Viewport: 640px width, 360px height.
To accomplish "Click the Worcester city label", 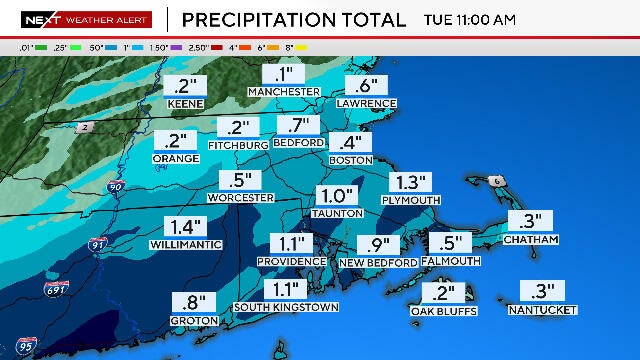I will pyautogui.click(x=239, y=198).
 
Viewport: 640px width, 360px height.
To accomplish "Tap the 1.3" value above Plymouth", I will pyautogui.click(x=411, y=182).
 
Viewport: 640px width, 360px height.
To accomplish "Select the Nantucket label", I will pyautogui.click(x=543, y=310).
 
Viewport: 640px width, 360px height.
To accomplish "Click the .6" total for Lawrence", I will pyautogui.click(x=365, y=86).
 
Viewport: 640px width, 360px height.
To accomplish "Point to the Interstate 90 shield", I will pyautogui.click(x=116, y=186).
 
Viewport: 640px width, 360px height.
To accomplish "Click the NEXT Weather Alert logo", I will pyautogui.click(x=86, y=19).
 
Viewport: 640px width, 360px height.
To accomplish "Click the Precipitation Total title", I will pyautogui.click(x=294, y=19).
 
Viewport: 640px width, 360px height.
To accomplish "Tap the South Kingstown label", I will pyautogui.click(x=285, y=307).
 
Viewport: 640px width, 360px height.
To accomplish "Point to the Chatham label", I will pyautogui.click(x=530, y=240).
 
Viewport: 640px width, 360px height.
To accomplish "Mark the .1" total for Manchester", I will pyautogui.click(x=283, y=74).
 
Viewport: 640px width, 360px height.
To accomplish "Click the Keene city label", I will pyautogui.click(x=186, y=103).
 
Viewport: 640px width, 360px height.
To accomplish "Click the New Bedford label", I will pyautogui.click(x=378, y=262).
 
